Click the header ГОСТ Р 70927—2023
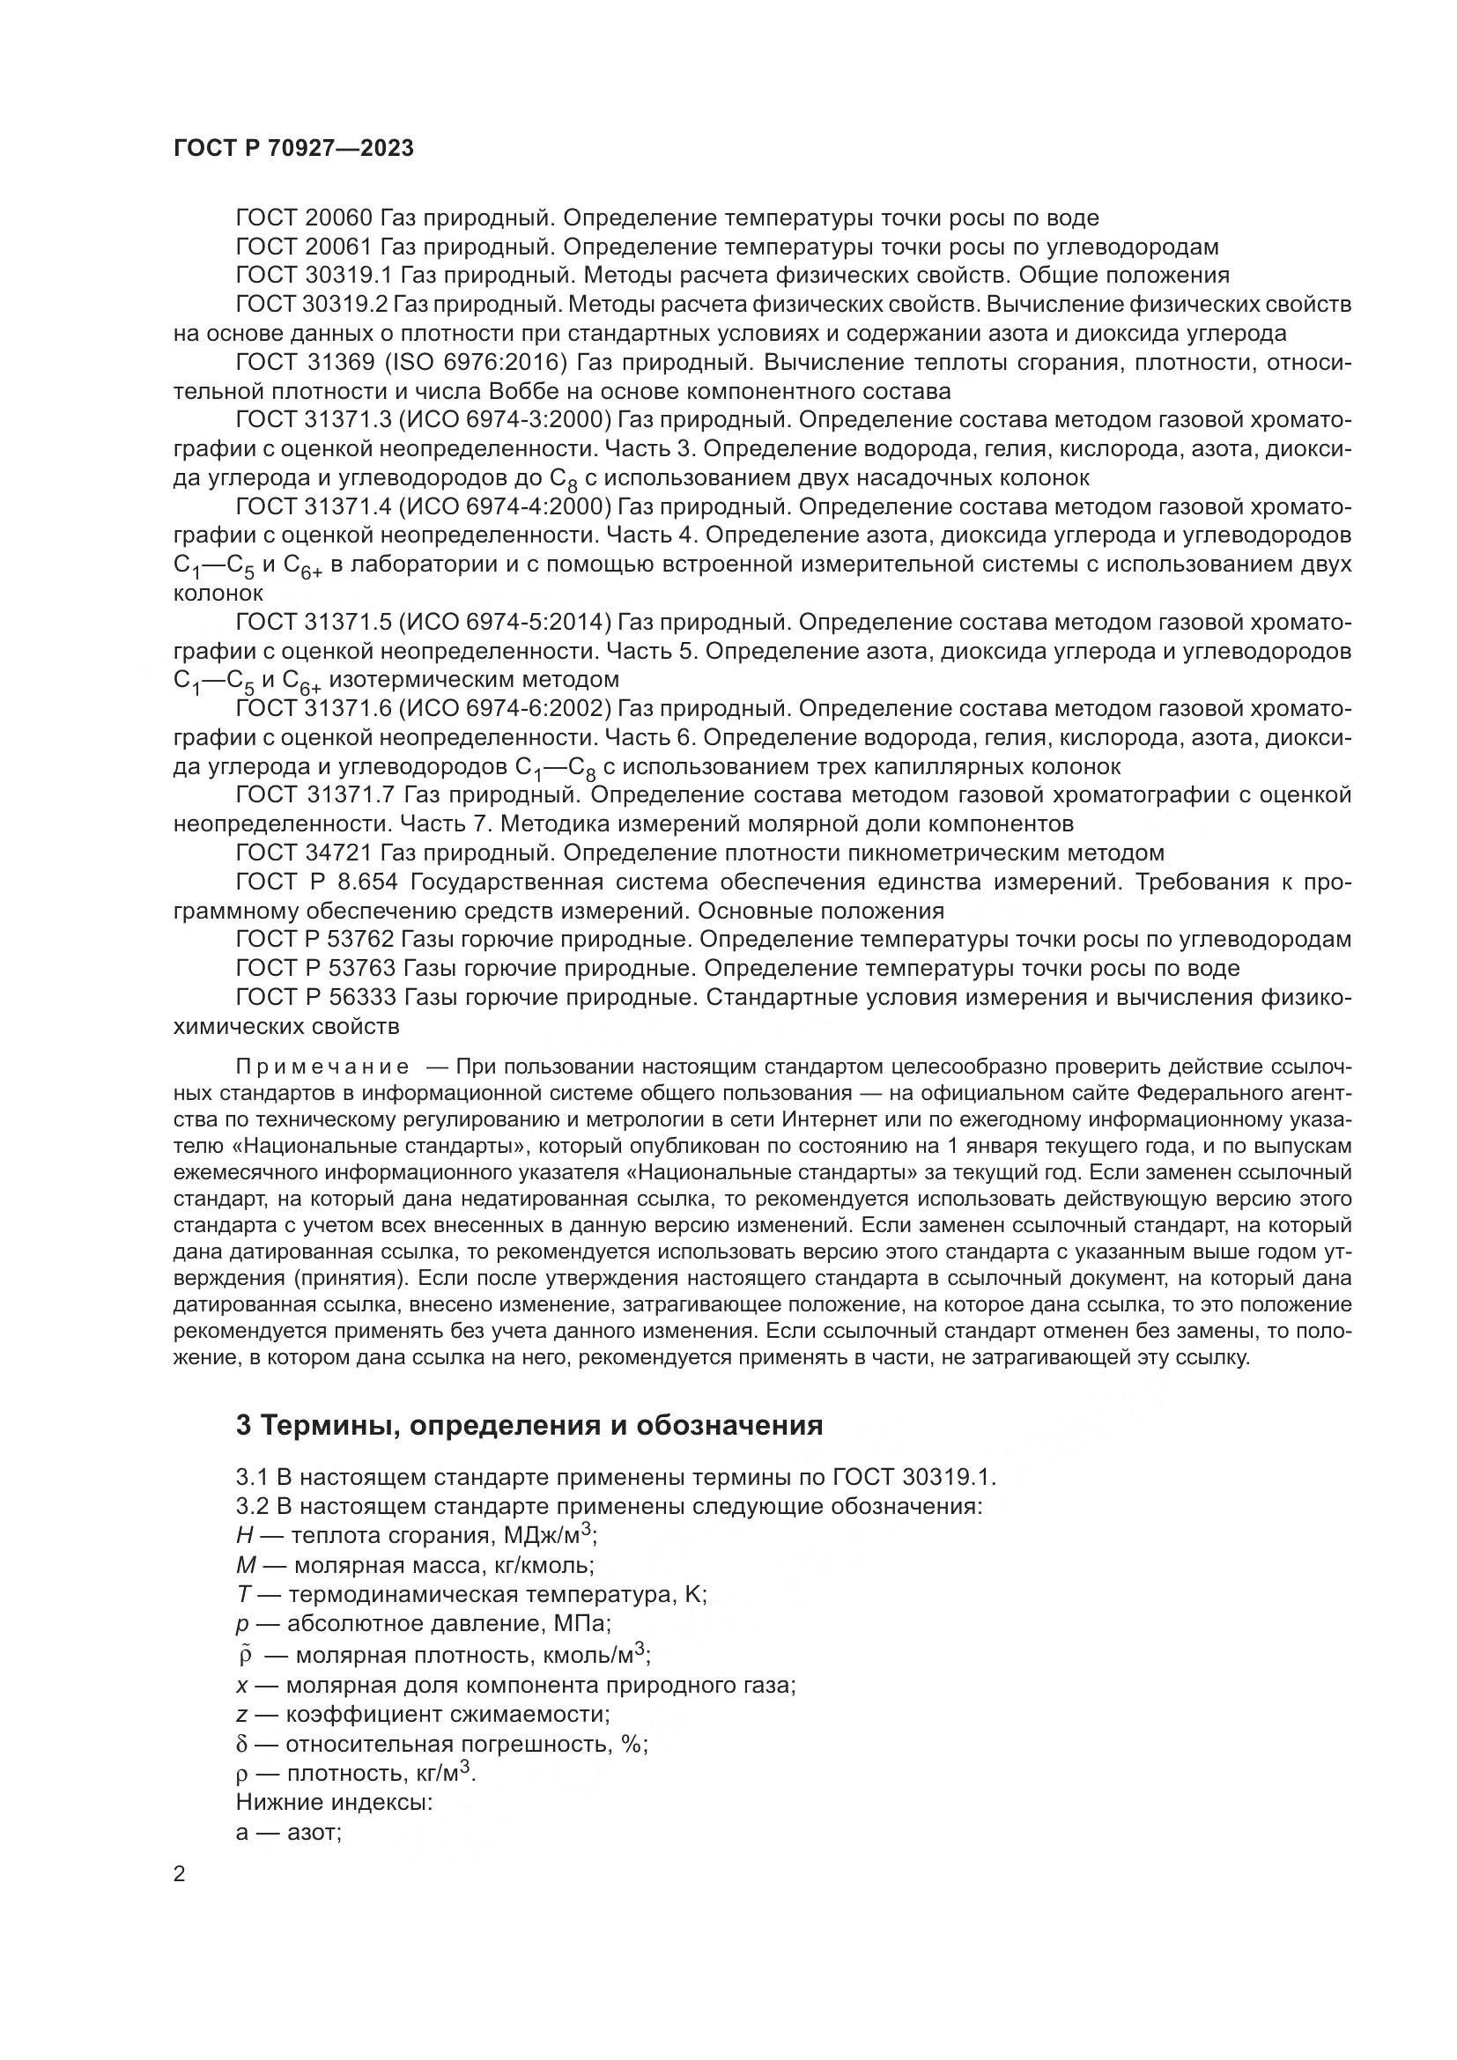pos(293,149)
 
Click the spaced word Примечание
pos(323,1067)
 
